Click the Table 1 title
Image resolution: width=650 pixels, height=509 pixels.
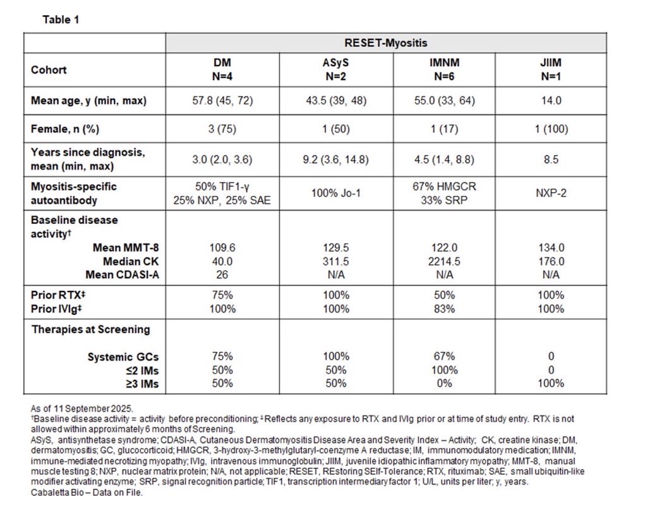[x=61, y=20]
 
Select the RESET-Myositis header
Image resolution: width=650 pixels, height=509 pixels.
[x=385, y=43]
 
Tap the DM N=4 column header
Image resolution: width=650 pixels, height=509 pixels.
[x=222, y=70]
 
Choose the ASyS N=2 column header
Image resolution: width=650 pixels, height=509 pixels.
[x=336, y=70]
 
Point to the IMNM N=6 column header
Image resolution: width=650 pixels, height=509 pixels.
[x=445, y=70]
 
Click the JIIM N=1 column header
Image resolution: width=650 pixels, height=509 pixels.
[x=551, y=70]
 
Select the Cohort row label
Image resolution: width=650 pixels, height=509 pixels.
[x=49, y=70]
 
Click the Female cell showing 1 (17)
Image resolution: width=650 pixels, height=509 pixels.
[x=445, y=129]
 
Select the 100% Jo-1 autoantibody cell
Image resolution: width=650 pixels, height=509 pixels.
[x=336, y=193]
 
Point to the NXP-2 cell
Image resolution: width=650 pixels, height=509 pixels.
[x=551, y=193]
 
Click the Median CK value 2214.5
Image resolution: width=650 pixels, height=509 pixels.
[x=445, y=261]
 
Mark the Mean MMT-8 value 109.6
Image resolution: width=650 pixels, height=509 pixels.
[x=222, y=248]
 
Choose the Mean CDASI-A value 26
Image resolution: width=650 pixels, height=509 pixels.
[x=222, y=274]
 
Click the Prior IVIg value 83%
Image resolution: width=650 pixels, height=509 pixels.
[x=445, y=309]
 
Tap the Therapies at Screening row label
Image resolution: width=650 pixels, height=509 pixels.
[x=91, y=329]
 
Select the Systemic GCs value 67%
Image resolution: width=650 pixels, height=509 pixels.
[x=445, y=357]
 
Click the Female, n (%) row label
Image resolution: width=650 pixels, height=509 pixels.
[x=65, y=129]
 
